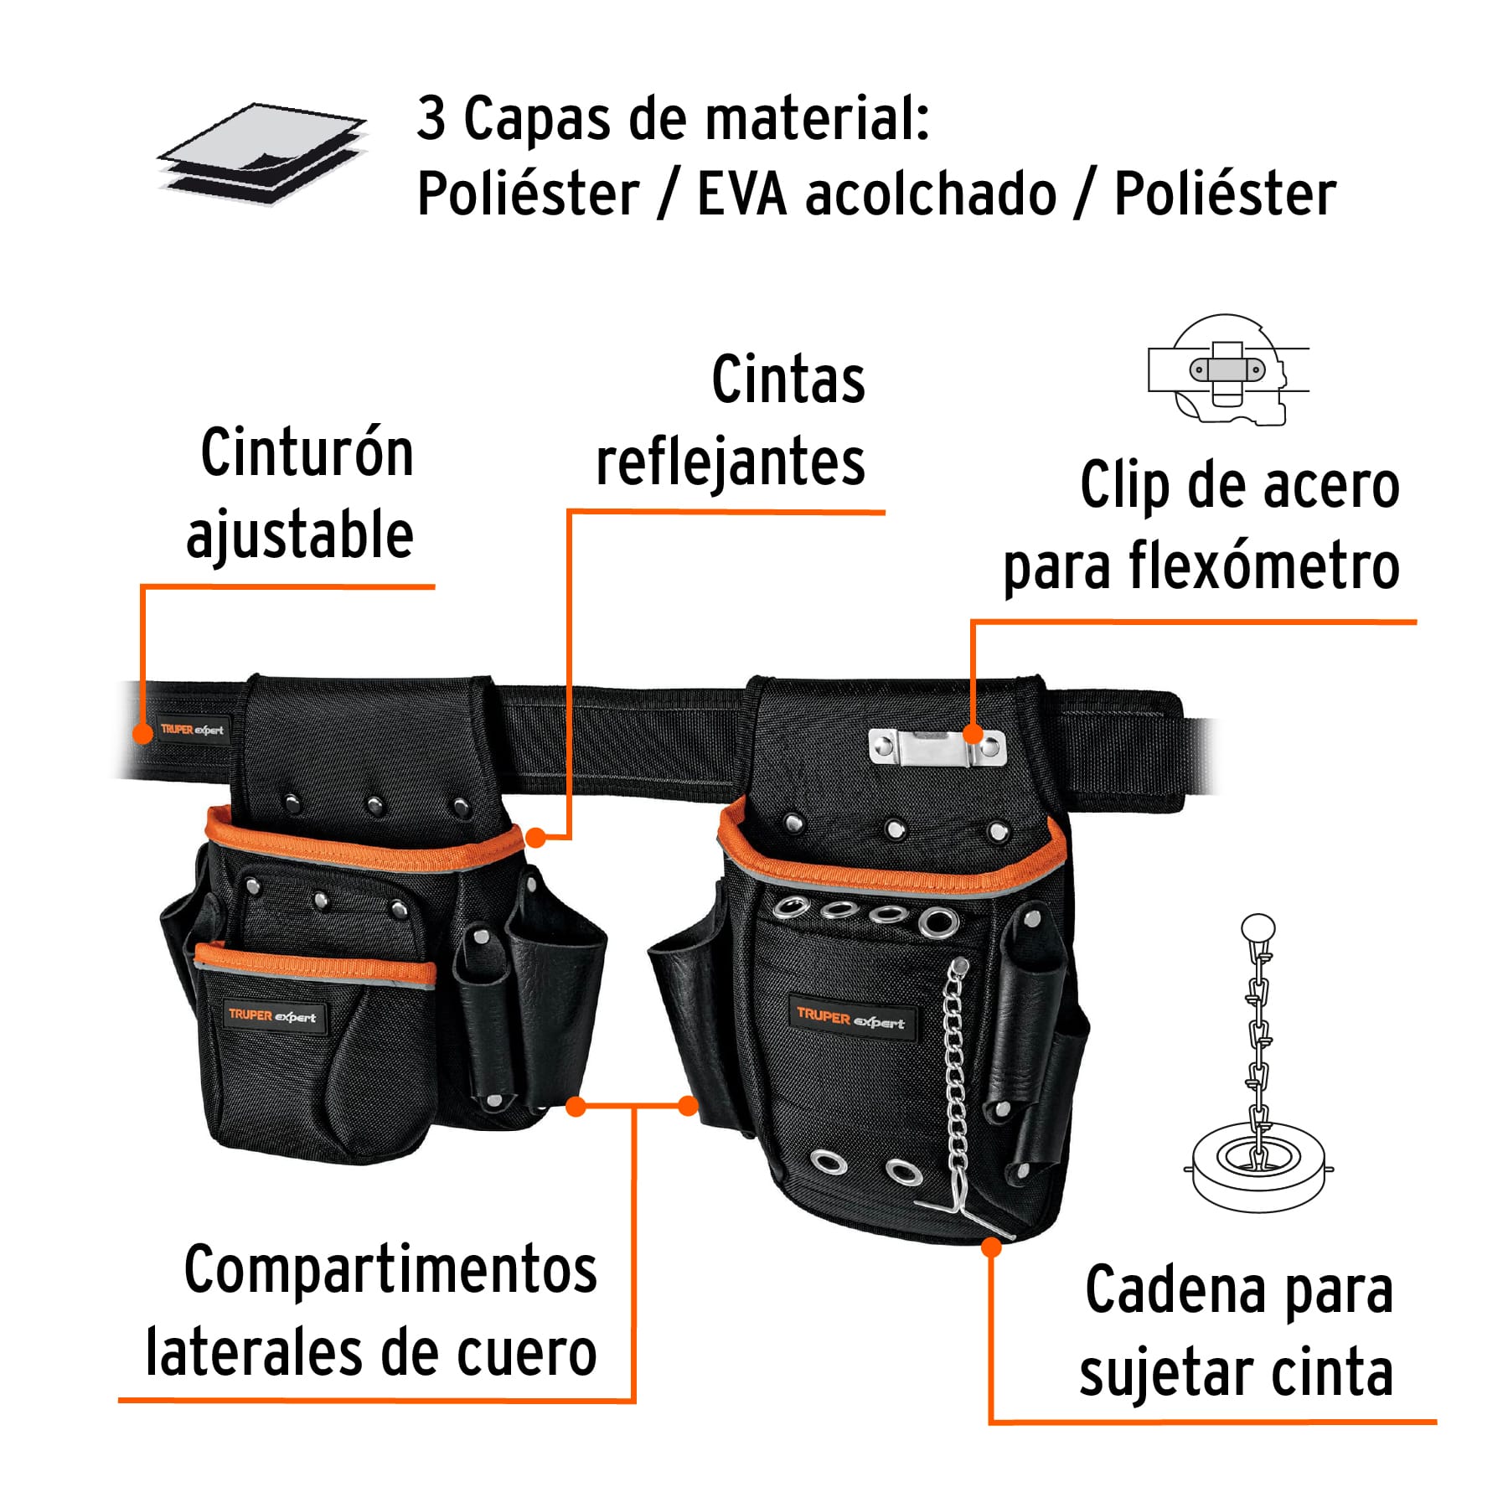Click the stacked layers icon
click(x=262, y=153)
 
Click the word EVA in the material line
click(x=741, y=194)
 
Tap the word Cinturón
click(x=307, y=453)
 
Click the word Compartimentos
click(x=390, y=1271)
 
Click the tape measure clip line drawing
click(x=1227, y=369)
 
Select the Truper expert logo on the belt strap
click(x=192, y=730)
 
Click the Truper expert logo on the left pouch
click(x=271, y=1016)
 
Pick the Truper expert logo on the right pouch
click(x=850, y=1018)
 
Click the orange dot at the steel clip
click(x=973, y=734)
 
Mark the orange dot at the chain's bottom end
click(x=991, y=1247)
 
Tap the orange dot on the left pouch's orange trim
click(x=535, y=837)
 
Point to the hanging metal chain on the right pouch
click(x=955, y=1081)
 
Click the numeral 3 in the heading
click(x=431, y=119)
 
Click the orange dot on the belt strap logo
click(x=144, y=732)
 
